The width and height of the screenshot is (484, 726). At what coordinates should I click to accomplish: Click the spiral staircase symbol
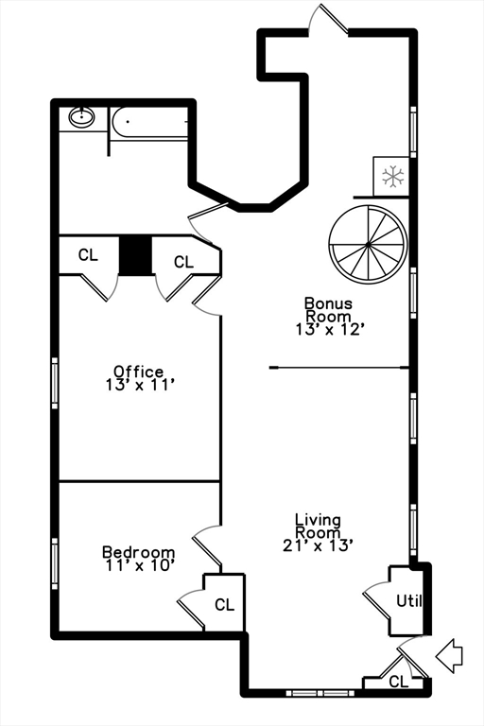click(368, 243)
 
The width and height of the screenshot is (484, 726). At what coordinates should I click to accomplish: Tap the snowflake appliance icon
click(392, 176)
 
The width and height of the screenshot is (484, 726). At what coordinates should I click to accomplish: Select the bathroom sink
click(82, 117)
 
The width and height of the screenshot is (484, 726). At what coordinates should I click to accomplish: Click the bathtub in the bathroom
click(149, 123)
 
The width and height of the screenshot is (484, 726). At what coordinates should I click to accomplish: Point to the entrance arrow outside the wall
click(449, 654)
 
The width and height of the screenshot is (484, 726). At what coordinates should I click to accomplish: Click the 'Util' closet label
click(407, 600)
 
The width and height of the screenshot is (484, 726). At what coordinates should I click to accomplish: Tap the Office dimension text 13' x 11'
click(138, 385)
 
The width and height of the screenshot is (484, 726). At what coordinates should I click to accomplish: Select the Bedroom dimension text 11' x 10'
click(138, 565)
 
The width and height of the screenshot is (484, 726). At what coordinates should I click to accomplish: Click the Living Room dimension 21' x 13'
click(318, 544)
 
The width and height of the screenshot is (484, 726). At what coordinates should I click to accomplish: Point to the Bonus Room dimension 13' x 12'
click(328, 329)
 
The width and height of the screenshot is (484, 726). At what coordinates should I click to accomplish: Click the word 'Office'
click(138, 372)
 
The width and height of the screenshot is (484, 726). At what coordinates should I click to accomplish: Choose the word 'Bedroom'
click(138, 552)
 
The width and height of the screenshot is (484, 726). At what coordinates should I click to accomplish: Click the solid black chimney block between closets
click(135, 255)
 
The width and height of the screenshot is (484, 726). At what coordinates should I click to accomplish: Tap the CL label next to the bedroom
click(224, 605)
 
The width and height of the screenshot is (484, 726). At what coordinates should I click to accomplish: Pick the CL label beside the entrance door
click(399, 681)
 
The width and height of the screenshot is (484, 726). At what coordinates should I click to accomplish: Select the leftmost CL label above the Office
click(88, 254)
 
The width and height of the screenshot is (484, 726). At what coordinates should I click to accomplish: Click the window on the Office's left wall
click(55, 383)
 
